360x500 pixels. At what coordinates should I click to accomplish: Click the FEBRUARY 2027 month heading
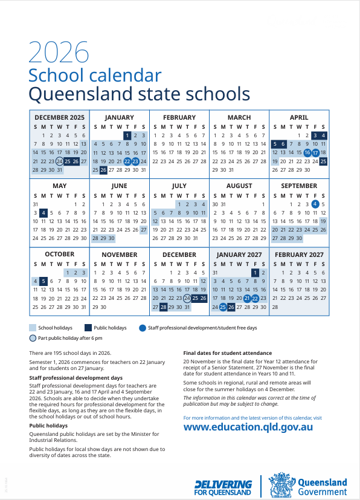tap(299, 255)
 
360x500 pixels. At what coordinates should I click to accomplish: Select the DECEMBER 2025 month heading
tap(60, 117)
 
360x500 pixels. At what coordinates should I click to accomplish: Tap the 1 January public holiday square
tap(127, 135)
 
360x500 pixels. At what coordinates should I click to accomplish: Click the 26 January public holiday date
tap(103, 170)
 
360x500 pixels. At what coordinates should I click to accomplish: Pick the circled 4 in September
tap(315, 204)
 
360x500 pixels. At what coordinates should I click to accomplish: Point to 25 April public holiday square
tap(323, 161)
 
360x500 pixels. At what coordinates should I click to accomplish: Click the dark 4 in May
tap(43, 213)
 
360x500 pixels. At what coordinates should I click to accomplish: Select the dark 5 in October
tap(43, 281)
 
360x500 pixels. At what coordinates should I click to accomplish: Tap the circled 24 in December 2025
tap(59, 161)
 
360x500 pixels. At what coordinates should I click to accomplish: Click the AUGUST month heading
tap(239, 186)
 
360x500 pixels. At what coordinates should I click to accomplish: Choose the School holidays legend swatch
tap(33, 328)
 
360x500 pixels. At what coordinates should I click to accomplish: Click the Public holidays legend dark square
tap(88, 328)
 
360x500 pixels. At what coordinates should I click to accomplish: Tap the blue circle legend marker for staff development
tap(143, 328)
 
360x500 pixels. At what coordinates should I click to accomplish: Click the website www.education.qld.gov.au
tap(248, 427)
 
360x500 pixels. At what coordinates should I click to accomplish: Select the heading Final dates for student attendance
tap(228, 352)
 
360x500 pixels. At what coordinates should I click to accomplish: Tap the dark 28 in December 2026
tap(163, 307)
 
